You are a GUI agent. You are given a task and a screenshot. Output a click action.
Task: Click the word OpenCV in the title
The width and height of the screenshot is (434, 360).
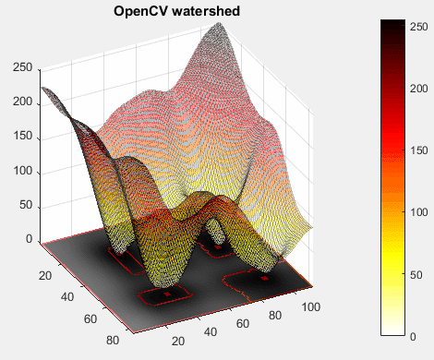[140, 11]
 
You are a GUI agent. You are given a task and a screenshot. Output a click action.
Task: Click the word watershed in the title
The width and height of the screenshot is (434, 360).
[206, 11]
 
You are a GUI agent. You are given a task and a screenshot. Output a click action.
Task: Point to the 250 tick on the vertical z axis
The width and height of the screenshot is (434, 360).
[22, 67]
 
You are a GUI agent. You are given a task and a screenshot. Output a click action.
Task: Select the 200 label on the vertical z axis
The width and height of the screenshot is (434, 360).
[22, 102]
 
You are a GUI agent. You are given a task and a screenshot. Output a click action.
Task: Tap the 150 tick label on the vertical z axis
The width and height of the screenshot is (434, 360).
[22, 136]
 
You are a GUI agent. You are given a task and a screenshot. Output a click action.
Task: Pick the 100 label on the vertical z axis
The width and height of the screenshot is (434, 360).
[22, 171]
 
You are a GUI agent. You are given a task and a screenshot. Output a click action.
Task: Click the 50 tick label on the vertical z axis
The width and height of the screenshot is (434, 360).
[26, 205]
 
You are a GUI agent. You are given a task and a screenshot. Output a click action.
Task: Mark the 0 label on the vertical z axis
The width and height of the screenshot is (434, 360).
[30, 239]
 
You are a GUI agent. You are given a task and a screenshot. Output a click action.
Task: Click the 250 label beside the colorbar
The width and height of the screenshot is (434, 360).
[419, 27]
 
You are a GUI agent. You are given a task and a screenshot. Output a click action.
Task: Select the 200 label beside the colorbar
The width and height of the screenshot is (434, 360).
[419, 89]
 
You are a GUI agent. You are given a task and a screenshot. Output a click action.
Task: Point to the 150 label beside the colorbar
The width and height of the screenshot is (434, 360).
[419, 150]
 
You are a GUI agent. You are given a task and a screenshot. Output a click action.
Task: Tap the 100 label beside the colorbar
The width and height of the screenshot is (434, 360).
[419, 212]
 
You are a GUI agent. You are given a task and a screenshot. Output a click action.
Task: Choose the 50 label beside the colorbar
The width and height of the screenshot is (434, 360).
[416, 275]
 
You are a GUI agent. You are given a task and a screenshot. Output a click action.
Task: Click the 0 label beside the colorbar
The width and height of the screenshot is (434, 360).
[413, 337]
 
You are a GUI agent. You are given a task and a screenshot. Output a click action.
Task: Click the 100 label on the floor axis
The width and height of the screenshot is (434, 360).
[311, 307]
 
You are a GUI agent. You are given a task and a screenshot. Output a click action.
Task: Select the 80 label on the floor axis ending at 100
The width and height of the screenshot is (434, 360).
[275, 316]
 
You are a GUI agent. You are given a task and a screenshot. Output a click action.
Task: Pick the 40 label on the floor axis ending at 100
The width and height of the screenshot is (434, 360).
[211, 332]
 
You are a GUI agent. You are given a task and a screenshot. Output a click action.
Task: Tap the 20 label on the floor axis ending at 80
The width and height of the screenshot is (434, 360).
[45, 275]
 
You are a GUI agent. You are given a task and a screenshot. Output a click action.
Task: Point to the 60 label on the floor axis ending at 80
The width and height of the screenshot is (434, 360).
[90, 318]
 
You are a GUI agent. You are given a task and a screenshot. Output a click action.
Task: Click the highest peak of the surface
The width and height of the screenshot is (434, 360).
[220, 23]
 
